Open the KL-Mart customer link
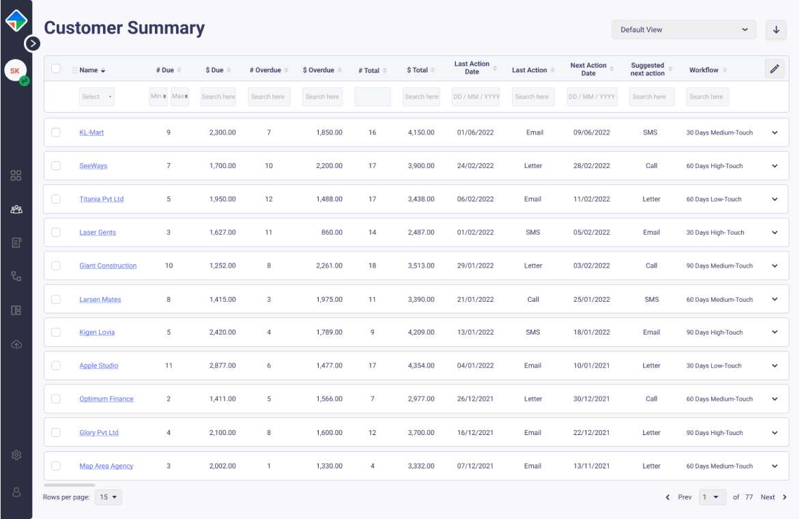pyautogui.click(x=91, y=132)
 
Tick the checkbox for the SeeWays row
pyautogui.click(x=56, y=166)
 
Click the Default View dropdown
pyautogui.click(x=683, y=30)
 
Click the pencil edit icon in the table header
pyautogui.click(x=774, y=69)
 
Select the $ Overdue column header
pyautogui.click(x=319, y=70)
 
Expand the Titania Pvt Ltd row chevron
pyautogui.click(x=775, y=199)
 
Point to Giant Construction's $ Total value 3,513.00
pyautogui.click(x=421, y=266)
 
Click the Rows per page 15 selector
pyautogui.click(x=109, y=497)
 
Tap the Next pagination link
pyautogui.click(x=768, y=497)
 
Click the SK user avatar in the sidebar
pyautogui.click(x=15, y=71)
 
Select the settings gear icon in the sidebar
pyautogui.click(x=16, y=455)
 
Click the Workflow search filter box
pyautogui.click(x=707, y=97)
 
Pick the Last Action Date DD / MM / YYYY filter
pyautogui.click(x=476, y=97)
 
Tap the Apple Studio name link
pyautogui.click(x=99, y=366)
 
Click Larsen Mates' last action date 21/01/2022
pyautogui.click(x=475, y=300)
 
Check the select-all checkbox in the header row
pyautogui.click(x=56, y=69)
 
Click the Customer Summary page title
pyautogui.click(x=124, y=28)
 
